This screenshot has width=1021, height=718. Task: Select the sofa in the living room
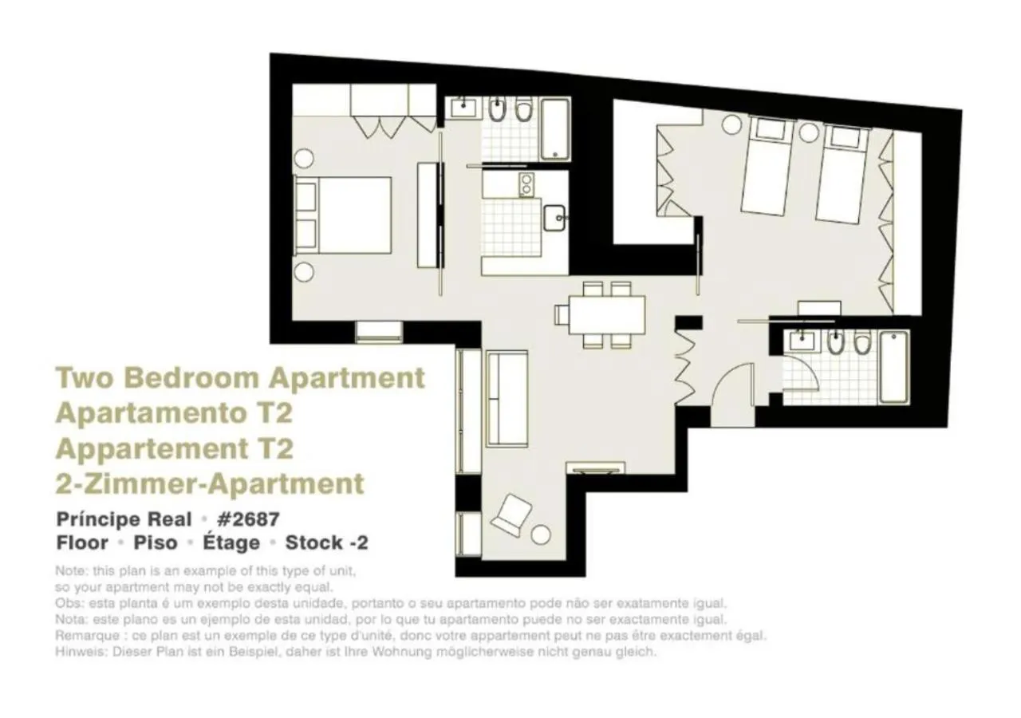(x=507, y=398)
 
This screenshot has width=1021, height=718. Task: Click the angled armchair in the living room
(x=510, y=514)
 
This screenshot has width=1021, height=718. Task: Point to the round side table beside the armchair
(x=542, y=534)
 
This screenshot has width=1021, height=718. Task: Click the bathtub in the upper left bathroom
(x=554, y=129)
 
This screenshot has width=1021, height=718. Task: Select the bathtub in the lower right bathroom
(x=893, y=367)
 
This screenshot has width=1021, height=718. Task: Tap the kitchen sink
(x=555, y=216)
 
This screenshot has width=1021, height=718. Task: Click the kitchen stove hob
(x=526, y=185)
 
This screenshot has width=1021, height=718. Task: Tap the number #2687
(x=248, y=519)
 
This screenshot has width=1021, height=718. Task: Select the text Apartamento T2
(x=173, y=412)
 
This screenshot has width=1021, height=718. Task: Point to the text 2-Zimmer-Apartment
(x=210, y=483)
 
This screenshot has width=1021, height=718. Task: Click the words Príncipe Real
(x=124, y=519)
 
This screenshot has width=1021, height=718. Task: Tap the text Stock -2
(x=327, y=543)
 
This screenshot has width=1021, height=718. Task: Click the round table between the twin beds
(x=808, y=132)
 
